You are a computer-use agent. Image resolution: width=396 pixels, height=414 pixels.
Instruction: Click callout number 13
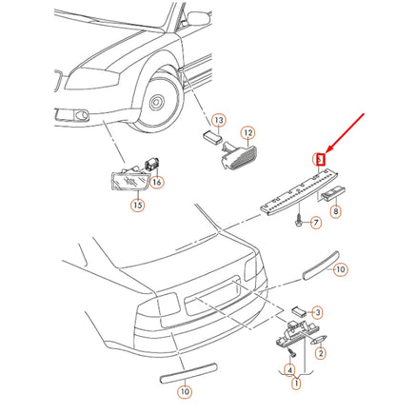(219, 121)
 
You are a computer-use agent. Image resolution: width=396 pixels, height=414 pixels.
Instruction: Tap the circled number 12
(248, 133)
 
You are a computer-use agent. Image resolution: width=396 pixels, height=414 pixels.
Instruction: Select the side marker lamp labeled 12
(239, 155)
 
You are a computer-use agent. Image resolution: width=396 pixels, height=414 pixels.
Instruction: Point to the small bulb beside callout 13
(212, 138)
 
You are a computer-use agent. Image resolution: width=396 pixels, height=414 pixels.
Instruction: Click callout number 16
(157, 182)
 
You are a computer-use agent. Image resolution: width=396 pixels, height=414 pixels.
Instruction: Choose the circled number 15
(138, 205)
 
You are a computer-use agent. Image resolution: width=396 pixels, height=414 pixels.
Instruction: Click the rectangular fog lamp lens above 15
(129, 182)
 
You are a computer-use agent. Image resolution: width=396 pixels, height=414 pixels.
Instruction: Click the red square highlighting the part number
(321, 159)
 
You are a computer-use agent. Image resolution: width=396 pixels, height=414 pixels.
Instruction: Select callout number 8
(335, 211)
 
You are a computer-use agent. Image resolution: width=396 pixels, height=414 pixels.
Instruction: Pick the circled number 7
(315, 223)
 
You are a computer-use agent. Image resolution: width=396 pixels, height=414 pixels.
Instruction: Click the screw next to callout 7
(298, 221)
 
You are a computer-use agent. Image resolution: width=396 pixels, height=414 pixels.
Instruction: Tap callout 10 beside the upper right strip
(340, 269)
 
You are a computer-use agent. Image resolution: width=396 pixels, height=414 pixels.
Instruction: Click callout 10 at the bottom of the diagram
(185, 391)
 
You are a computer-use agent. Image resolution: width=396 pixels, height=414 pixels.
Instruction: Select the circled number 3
(317, 313)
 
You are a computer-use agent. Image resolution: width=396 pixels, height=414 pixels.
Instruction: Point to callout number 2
(321, 353)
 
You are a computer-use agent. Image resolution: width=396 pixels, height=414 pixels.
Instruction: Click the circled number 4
(289, 370)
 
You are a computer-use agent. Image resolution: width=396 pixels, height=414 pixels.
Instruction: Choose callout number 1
(296, 384)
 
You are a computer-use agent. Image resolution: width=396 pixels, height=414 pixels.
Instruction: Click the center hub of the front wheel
(156, 102)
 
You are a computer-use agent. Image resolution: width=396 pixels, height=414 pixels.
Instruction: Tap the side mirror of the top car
(199, 18)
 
